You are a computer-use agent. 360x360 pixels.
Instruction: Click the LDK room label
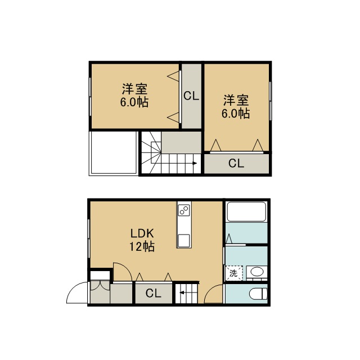click(x=142, y=233)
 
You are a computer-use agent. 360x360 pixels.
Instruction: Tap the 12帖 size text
click(x=142, y=247)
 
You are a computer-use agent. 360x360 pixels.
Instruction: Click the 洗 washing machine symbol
click(x=234, y=273)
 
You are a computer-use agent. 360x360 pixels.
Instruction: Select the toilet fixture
click(x=259, y=294)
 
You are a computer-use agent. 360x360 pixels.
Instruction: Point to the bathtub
click(x=246, y=211)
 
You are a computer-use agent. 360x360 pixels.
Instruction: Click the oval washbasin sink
click(x=257, y=272)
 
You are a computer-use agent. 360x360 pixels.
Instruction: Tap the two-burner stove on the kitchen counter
click(x=184, y=210)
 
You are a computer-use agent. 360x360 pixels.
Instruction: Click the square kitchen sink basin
click(x=184, y=240)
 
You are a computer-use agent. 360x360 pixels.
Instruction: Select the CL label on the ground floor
click(x=154, y=293)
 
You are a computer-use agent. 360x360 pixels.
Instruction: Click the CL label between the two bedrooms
click(x=191, y=96)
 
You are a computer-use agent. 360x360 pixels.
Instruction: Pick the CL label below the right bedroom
click(x=236, y=163)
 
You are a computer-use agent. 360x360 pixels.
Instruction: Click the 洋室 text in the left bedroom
click(x=134, y=89)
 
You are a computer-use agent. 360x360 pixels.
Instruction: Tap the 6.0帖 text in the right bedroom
click(x=236, y=113)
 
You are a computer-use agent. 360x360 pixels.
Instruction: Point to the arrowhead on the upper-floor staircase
click(x=195, y=163)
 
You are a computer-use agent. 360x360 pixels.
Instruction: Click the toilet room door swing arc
click(x=210, y=289)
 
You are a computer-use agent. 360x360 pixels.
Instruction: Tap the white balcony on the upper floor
click(x=114, y=152)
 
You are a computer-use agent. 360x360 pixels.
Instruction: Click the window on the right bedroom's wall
click(x=270, y=101)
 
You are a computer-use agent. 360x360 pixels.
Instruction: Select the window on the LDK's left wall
click(x=89, y=238)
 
